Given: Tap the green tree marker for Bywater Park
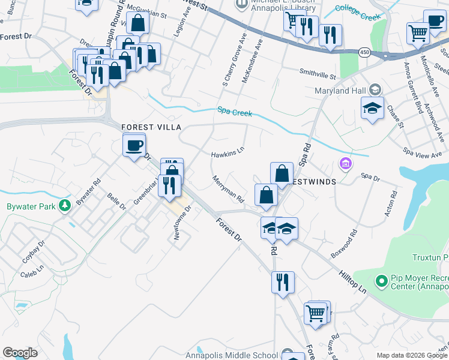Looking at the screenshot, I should pos(64,206).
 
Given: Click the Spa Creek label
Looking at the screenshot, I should pos(235,112).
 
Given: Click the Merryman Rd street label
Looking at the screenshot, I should pos(228,188).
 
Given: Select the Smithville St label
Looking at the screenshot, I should pos(318,75).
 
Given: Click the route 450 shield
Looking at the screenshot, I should pos(364,52).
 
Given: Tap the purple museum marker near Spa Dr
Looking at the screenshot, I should pos(345,163).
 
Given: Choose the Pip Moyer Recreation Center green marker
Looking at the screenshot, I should pos(380,281).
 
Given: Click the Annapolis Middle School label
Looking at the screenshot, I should pos(241,355).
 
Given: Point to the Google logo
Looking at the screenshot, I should pos(20,353).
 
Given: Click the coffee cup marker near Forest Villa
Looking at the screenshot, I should pos(134,145).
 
